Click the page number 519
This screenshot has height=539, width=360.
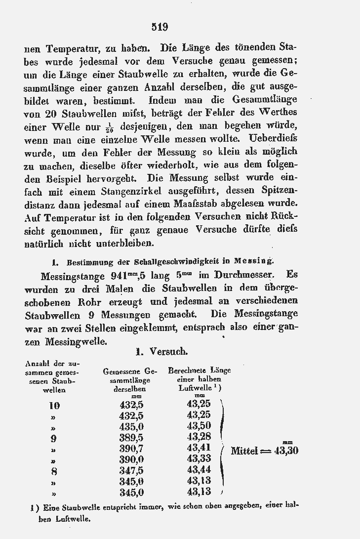[160, 27]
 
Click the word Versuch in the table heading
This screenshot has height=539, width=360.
[168, 351]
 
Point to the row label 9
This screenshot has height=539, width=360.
[53, 438]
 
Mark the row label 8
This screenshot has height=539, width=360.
[53, 470]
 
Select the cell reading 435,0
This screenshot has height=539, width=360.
[131, 426]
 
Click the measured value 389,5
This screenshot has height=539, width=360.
[131, 438]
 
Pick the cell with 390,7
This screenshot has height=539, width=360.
[131, 449]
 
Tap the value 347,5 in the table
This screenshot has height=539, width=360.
[131, 470]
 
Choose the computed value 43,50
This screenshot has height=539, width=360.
[199, 426]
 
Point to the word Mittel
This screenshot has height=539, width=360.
[245, 451]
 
